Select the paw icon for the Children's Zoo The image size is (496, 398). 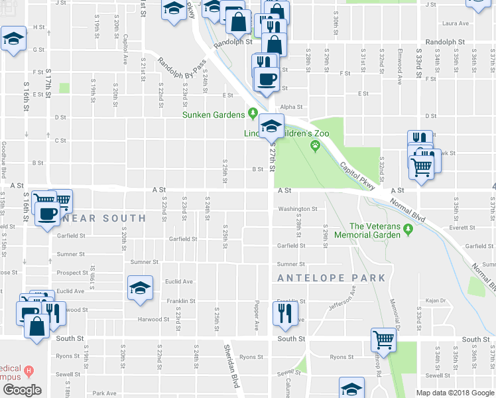[x=316, y=146]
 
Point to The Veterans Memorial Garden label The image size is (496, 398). [x=375, y=230]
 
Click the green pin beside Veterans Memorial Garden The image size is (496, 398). [x=409, y=230]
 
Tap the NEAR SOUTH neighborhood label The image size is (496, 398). [x=105, y=218]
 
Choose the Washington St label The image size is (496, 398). [x=298, y=209]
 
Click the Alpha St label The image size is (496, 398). [x=291, y=107]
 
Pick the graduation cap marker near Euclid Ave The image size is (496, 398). [x=140, y=289]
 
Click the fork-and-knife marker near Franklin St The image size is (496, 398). [x=285, y=314]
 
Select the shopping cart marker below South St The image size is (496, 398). [x=383, y=340]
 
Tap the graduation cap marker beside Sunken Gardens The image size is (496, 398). [x=271, y=125]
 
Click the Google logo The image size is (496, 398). [x=22, y=390]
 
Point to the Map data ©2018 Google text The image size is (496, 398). [x=454, y=393]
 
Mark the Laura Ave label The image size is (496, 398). [x=455, y=23]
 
